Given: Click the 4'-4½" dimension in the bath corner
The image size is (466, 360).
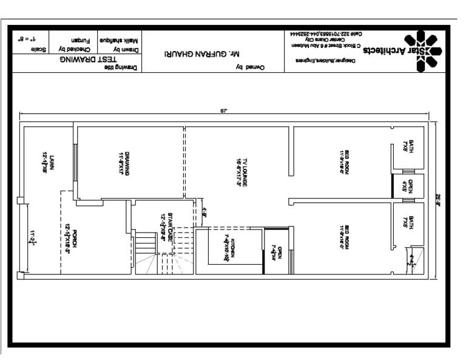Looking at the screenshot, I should coord(414,260).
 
